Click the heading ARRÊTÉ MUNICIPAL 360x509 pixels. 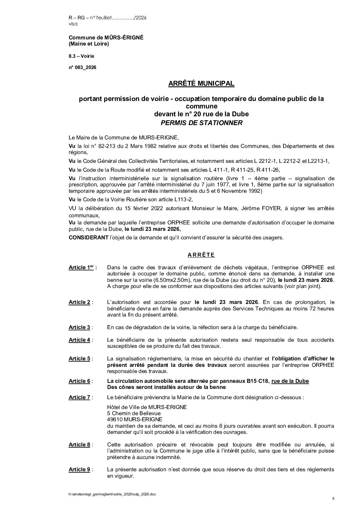[201, 83]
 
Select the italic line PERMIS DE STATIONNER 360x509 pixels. [201, 123]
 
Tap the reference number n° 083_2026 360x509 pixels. [82, 68]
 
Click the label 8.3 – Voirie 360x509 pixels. [81, 56]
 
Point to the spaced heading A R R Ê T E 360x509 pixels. [201, 255]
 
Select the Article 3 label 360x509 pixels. [79, 327]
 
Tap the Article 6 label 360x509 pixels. [79, 381]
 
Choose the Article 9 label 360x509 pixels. [79, 470]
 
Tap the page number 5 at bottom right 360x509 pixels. [333, 499]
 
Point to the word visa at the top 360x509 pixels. [73, 24]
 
